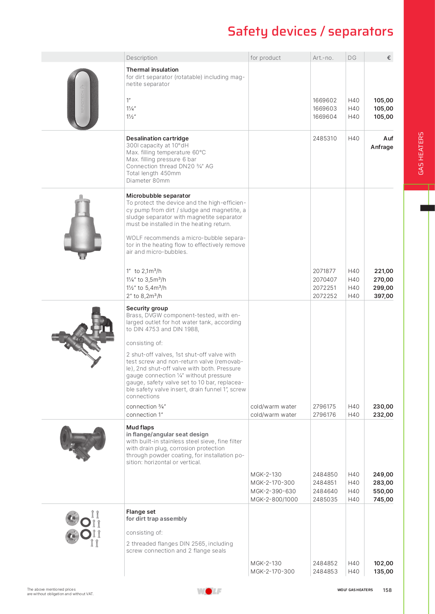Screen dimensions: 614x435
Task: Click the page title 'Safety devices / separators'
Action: tap(310, 32)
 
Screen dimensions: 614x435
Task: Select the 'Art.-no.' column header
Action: tap(323, 58)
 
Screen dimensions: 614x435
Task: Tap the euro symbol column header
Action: tap(389, 58)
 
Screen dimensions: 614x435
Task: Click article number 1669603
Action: tap(325, 108)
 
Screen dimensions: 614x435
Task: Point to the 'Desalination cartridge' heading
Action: tap(157, 138)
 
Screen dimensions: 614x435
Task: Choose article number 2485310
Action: tap(325, 138)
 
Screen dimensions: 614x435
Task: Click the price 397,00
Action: tap(383, 296)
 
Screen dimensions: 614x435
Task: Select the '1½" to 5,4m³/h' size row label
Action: tap(146, 288)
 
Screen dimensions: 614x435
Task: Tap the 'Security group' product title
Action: tap(147, 308)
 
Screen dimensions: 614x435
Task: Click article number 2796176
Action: tap(324, 415)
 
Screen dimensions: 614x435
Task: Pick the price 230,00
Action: tap(383, 406)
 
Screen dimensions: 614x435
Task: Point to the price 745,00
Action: tap(383, 499)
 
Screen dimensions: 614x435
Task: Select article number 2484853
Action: tap(325, 571)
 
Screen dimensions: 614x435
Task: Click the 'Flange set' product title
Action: tap(141, 512)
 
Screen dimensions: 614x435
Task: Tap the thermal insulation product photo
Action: tap(83, 99)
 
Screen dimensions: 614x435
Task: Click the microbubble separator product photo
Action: tap(82, 227)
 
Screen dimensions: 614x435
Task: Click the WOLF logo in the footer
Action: tap(209, 591)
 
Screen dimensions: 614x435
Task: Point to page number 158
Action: tap(387, 590)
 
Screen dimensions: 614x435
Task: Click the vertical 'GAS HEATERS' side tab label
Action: tap(421, 153)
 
